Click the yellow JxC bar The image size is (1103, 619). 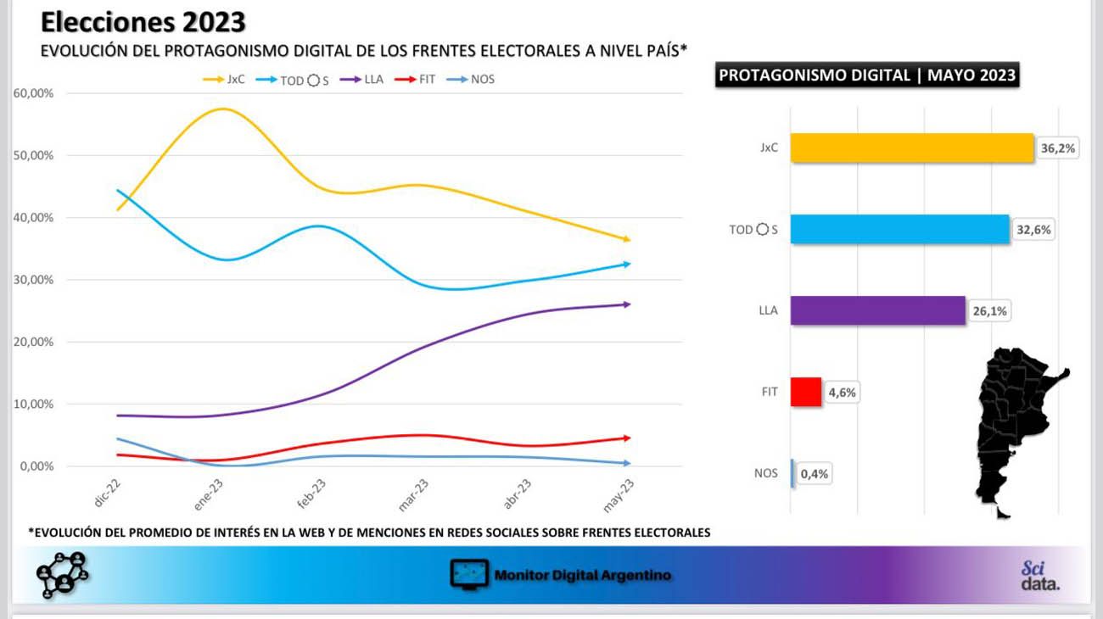coord(912,148)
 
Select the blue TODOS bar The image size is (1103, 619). coord(900,229)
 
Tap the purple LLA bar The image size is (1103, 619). coord(878,310)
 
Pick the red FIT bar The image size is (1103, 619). coord(806,392)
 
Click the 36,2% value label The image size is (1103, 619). coord(1058,148)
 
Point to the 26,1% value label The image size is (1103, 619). coord(990,311)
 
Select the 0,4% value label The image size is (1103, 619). coord(814,474)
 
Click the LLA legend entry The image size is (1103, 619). coord(361,79)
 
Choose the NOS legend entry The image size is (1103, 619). coord(470,79)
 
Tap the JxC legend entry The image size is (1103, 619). coord(224,79)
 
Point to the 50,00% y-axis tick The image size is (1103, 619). coord(33,155)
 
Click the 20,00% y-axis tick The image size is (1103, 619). coord(33,342)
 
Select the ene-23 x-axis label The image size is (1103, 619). coord(209,494)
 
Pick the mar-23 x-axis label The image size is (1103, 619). coord(414,495)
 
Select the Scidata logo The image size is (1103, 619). coord(1040,575)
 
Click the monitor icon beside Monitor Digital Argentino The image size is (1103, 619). coord(469,574)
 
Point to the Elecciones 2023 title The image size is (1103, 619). coord(143,22)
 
